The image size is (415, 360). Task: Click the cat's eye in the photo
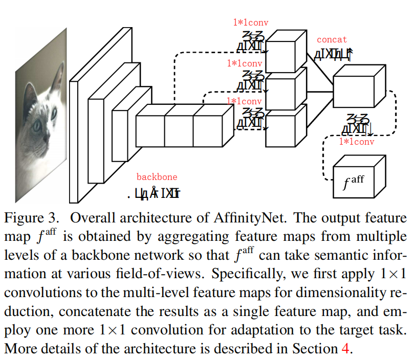tap(37, 125)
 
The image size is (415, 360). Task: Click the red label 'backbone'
tap(157, 177)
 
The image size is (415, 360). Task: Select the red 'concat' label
tap(332, 39)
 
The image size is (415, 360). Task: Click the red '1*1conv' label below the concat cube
tap(357, 142)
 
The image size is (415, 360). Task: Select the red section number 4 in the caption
tap(345, 349)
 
